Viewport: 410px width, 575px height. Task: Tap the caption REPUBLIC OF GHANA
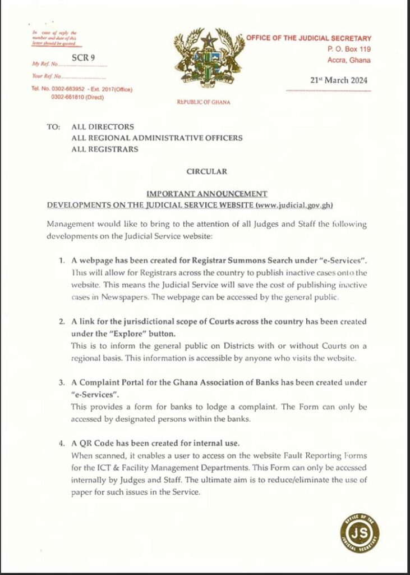pyautogui.click(x=203, y=102)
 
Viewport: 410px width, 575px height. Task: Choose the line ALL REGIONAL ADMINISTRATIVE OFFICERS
pyautogui.click(x=157, y=138)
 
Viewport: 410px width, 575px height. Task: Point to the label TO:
pyautogui.click(x=54, y=127)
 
